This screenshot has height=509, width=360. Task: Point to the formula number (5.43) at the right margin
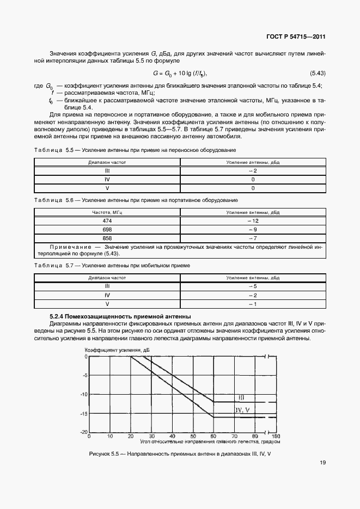318,73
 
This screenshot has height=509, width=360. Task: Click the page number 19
322,463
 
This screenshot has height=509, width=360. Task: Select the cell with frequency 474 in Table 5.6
107,221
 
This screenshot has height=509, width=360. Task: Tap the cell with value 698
107,230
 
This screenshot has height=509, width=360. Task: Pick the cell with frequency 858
107,238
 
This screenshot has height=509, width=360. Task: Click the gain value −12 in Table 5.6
253,221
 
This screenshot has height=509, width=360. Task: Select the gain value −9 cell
253,230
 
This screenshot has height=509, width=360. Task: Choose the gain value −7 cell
253,238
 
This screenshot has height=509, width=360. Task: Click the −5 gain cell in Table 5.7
253,286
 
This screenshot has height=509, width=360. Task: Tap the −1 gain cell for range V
253,304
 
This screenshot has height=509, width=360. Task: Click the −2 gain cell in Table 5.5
253,171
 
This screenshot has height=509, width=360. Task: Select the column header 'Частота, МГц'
107,213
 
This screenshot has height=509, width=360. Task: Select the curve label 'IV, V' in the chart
242,409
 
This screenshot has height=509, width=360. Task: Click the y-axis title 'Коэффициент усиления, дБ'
117,349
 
